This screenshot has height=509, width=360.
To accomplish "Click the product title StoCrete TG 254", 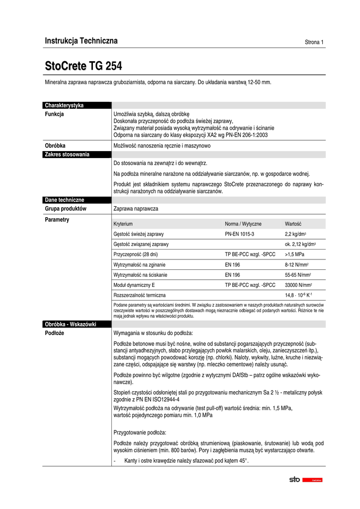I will (x=84, y=66).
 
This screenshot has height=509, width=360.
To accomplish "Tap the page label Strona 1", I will (x=314, y=42).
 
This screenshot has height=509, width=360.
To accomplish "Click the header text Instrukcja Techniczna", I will (x=81, y=41).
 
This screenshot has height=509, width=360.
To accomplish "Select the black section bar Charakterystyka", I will (x=64, y=105).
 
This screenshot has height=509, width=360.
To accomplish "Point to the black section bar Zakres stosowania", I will (x=67, y=155).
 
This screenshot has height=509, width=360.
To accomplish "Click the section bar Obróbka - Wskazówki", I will (x=70, y=324).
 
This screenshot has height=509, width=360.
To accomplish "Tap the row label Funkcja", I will (x=55, y=114).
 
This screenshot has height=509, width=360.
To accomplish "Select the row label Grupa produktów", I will (x=66, y=209).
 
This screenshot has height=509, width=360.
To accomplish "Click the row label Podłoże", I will (x=54, y=333).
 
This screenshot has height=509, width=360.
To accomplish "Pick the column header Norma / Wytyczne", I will (x=243, y=224).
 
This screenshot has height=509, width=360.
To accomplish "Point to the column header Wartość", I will (x=293, y=224).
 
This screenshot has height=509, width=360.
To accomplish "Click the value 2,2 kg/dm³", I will (x=295, y=234).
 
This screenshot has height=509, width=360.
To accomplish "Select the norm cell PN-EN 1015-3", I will (x=240, y=234).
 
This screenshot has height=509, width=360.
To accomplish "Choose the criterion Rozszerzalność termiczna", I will (x=140, y=295).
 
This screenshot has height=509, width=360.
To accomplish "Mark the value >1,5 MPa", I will (x=295, y=254).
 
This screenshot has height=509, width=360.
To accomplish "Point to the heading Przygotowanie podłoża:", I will (x=140, y=432).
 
